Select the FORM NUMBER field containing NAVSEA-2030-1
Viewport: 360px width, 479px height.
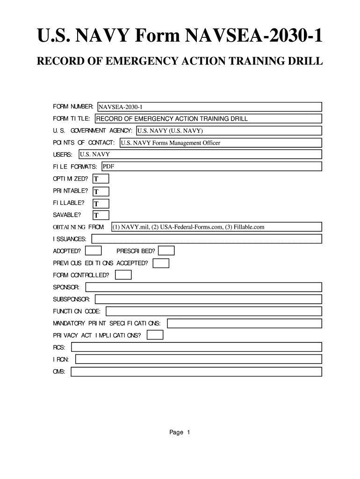[x=209, y=107]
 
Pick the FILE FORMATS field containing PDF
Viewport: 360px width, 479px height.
[x=211, y=167]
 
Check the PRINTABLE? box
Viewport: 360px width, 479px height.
[x=101, y=191]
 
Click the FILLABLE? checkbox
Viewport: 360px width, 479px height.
[x=101, y=203]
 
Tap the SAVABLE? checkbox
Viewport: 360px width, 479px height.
[x=101, y=216]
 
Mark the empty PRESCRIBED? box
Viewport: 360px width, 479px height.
[x=166, y=251]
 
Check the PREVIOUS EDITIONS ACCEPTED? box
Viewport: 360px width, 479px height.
[x=161, y=263]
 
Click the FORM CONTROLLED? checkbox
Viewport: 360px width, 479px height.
[x=123, y=275]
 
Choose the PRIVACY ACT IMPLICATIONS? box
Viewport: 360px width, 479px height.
[x=155, y=335]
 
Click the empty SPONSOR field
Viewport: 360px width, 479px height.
[x=203, y=287]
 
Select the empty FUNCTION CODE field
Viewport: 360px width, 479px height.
[x=214, y=311]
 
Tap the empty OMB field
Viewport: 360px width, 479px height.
[x=196, y=372]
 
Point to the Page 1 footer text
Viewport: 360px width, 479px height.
[x=180, y=433]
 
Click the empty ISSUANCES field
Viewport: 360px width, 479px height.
[x=207, y=239]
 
